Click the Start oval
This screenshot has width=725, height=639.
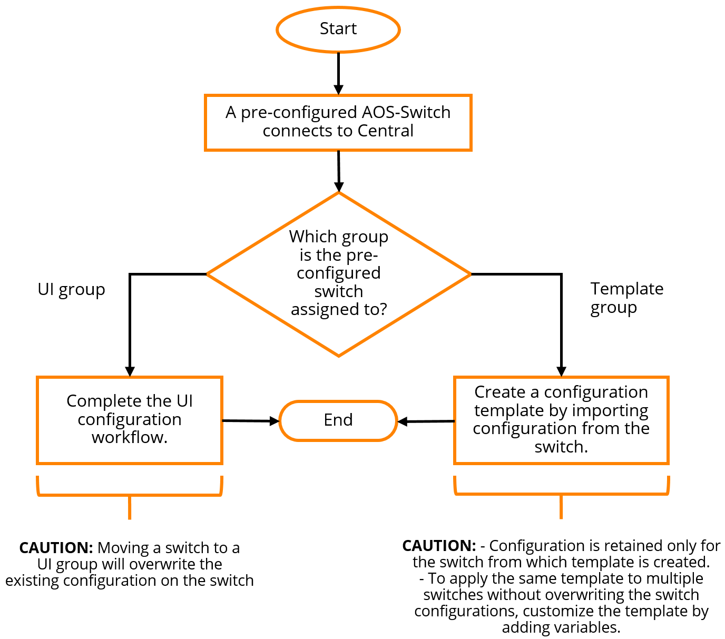[x=338, y=30]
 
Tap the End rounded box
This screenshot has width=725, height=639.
[x=338, y=420]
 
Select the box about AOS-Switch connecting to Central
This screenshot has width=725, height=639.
[x=338, y=122]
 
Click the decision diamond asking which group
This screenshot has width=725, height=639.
[x=338, y=273]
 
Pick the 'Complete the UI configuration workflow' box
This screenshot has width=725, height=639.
[x=130, y=420]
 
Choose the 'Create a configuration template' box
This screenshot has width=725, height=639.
[x=561, y=420]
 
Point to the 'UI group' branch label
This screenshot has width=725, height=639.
[x=71, y=290]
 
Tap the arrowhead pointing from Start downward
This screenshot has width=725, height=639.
[x=338, y=89]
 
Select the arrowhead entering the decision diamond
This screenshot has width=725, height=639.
[x=339, y=186]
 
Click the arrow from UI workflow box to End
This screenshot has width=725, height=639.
[x=250, y=421]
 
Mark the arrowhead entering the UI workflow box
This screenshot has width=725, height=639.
[x=130, y=371]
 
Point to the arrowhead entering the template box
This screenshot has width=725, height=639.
[x=562, y=371]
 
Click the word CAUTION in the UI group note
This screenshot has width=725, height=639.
[x=56, y=548]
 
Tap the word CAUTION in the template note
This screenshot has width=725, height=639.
[x=439, y=546]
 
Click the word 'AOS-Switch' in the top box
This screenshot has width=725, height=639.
[x=406, y=112]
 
